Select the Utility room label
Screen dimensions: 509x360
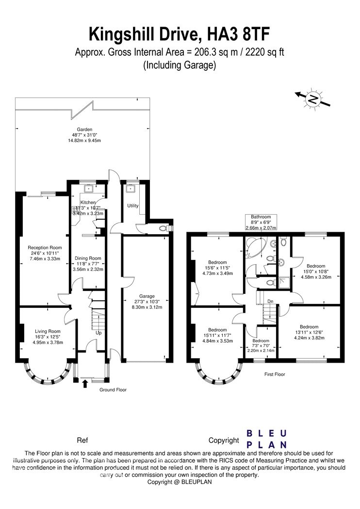(x=133, y=206)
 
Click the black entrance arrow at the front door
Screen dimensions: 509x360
(x=85, y=383)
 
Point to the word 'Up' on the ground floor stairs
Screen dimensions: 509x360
(x=98, y=334)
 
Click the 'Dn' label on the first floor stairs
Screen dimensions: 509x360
(x=270, y=301)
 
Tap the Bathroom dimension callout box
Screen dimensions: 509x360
(x=261, y=223)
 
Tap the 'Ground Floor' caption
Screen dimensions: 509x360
(x=113, y=390)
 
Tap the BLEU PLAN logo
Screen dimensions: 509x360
(x=267, y=439)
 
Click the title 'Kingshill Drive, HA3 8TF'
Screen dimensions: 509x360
(x=179, y=34)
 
